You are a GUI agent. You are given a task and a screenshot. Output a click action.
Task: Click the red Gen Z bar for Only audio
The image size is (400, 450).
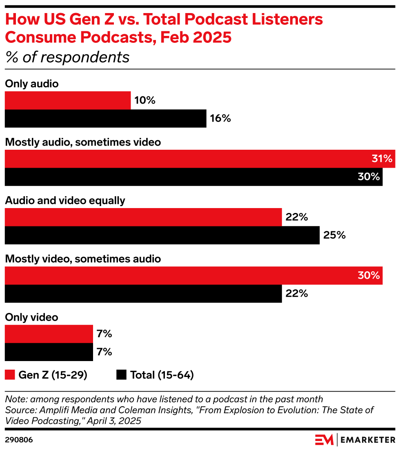point(68,100)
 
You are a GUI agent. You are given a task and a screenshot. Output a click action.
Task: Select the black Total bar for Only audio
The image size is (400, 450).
point(105,118)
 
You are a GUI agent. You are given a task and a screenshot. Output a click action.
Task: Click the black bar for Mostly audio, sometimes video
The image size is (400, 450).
point(193,177)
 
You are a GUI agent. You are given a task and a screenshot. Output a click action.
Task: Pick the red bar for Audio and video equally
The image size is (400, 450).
point(143,217)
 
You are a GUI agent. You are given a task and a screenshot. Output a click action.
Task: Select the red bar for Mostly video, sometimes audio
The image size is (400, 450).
point(193,275)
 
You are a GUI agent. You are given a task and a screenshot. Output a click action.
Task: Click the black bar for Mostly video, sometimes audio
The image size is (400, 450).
point(143,293)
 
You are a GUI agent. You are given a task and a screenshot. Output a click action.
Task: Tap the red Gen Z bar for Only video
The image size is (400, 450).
point(49,334)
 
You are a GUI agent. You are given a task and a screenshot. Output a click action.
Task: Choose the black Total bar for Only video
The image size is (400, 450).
point(49,352)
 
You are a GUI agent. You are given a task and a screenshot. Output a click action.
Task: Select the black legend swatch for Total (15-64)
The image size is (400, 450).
point(121,375)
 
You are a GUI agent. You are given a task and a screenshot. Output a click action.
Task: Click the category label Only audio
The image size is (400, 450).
point(32,84)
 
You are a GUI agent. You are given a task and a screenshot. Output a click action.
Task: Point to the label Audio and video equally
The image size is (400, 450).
point(65,201)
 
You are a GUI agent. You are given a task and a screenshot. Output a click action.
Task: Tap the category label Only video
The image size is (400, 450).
point(31,317)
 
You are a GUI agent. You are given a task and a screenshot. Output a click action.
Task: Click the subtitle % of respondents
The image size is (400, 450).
point(67,58)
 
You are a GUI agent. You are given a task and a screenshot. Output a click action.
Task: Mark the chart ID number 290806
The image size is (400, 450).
point(19,440)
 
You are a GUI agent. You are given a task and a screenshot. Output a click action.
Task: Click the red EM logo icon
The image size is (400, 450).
point(324,440)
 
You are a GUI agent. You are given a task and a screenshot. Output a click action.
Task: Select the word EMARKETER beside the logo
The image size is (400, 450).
point(368,440)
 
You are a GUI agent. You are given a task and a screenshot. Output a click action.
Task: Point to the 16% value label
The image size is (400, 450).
point(221,118)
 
